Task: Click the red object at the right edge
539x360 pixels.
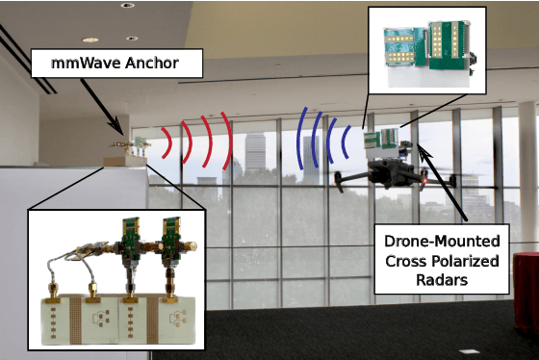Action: click(526, 289)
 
